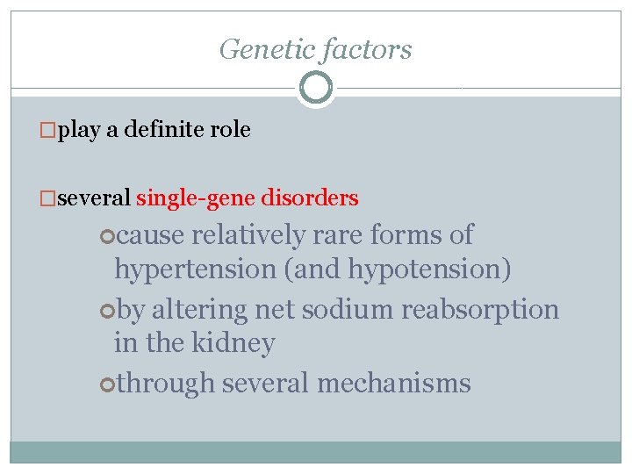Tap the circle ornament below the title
tap(316, 88)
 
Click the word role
tap(231, 131)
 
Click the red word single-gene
tap(197, 198)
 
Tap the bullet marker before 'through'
tap(107, 384)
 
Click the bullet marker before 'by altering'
tap(107, 310)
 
